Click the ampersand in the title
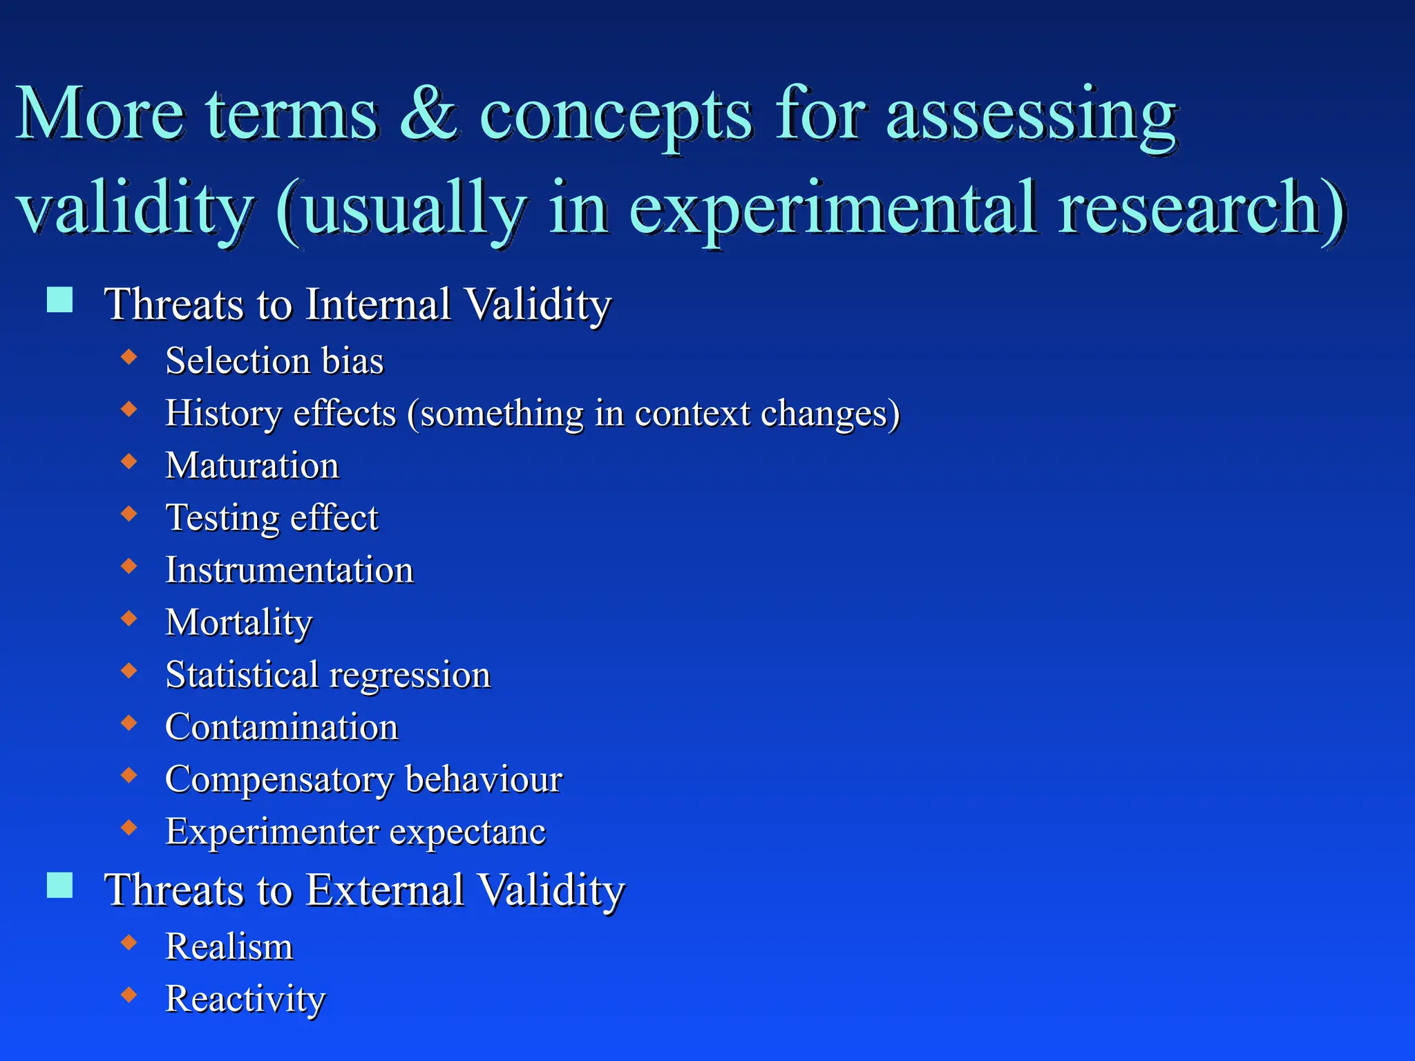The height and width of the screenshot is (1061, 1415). pyautogui.click(x=428, y=114)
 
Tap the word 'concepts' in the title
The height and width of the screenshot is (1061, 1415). pyautogui.click(x=615, y=117)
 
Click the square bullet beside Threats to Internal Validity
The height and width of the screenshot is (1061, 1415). pyautogui.click(x=60, y=300)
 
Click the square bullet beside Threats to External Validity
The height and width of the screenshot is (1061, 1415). pyautogui.click(x=60, y=885)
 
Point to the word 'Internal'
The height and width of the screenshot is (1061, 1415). pyautogui.click(x=378, y=304)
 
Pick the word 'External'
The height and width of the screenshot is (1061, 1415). pyautogui.click(x=385, y=890)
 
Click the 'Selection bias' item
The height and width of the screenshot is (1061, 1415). pyautogui.click(x=274, y=361)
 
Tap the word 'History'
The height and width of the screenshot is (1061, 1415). pyautogui.click(x=223, y=414)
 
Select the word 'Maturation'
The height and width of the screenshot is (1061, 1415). pyautogui.click(x=252, y=466)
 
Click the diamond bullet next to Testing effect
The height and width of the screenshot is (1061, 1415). pyautogui.click(x=129, y=513)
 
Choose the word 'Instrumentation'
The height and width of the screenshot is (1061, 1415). pyautogui.click(x=289, y=571)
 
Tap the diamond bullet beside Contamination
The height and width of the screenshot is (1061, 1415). pyautogui.click(x=129, y=723)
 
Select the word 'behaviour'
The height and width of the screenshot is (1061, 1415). pyautogui.click(x=484, y=780)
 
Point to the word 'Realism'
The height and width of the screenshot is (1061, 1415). pyautogui.click(x=229, y=946)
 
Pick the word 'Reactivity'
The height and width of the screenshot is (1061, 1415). pyautogui.click(x=245, y=1000)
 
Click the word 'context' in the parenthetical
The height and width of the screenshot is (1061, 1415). pyautogui.click(x=692, y=414)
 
